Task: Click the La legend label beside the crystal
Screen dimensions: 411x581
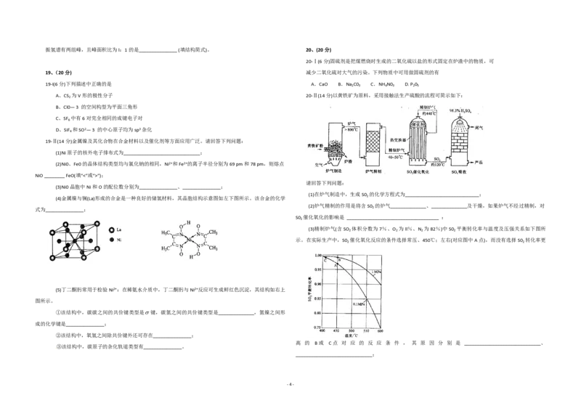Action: pyautogui.click(x=118, y=229)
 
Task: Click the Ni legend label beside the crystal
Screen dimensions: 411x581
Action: pyautogui.click(x=118, y=239)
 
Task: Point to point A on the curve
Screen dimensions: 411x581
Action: pyautogui.click(x=336, y=264)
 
